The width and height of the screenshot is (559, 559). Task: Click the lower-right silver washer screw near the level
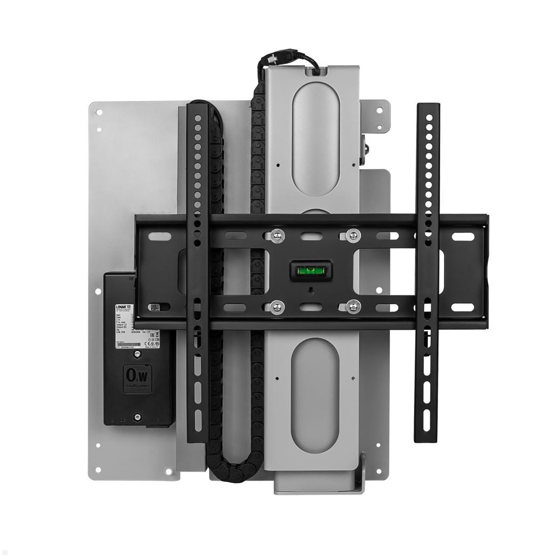click(x=354, y=307)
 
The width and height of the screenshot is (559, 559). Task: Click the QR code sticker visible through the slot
click(x=155, y=308)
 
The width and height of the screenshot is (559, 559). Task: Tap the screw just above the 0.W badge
click(x=136, y=355)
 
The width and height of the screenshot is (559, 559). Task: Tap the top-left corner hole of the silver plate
click(x=98, y=112)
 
